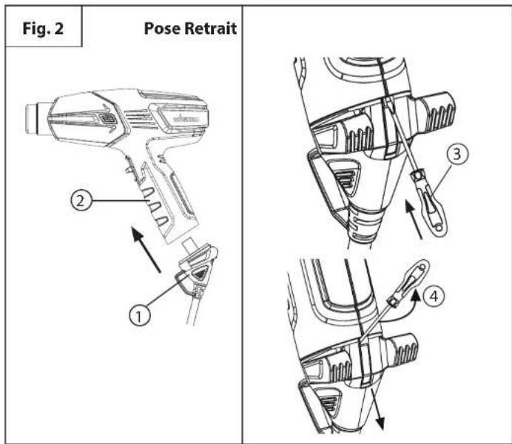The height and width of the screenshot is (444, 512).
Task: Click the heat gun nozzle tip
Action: (x=33, y=120)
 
